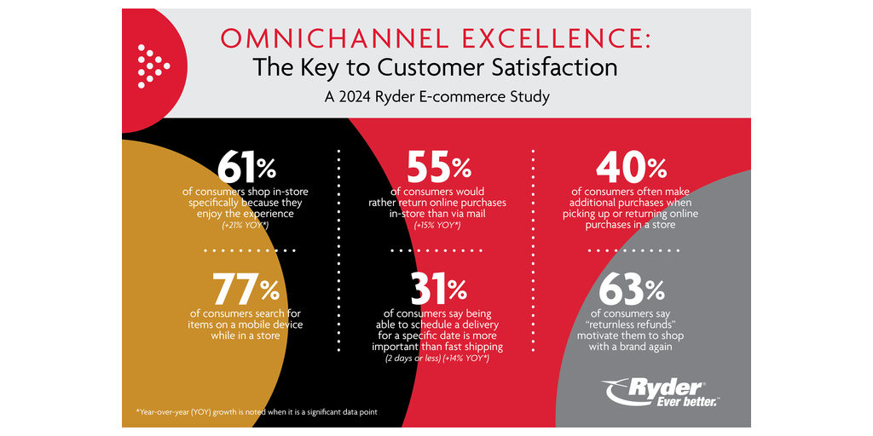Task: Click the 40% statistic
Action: click(x=630, y=168)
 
